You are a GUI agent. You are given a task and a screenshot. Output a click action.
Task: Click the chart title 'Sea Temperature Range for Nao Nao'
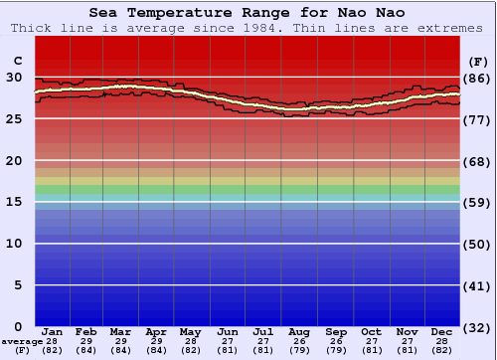(248, 13)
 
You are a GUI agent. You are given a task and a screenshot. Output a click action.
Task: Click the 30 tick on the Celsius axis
(14, 78)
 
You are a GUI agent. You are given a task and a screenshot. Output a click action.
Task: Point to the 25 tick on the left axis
(14, 119)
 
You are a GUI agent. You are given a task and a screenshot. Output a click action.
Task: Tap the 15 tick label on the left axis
(14, 202)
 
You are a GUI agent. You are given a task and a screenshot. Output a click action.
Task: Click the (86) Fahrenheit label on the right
(477, 78)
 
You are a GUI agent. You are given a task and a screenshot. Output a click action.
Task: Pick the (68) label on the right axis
(477, 161)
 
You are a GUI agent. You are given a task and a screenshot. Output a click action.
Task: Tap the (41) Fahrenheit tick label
(477, 285)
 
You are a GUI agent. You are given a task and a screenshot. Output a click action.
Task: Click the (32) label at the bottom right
(477, 328)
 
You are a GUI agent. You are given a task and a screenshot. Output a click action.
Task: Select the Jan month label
(53, 332)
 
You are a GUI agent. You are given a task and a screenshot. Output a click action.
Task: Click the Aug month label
(298, 332)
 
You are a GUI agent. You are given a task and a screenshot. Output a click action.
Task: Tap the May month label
(189, 332)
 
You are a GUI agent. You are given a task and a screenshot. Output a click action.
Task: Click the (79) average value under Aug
(298, 351)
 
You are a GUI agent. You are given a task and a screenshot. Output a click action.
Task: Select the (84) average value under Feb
(86, 351)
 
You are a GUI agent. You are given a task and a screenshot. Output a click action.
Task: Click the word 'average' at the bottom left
(22, 342)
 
